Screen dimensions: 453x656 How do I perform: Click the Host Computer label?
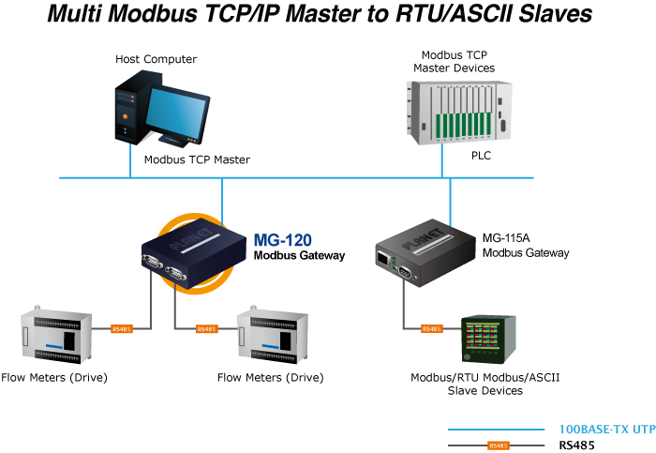[x=157, y=59]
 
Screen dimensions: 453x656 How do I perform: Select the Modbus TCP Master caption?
[x=197, y=159]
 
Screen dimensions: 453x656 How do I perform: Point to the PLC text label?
[x=481, y=156]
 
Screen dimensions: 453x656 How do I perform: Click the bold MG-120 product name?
[x=282, y=241]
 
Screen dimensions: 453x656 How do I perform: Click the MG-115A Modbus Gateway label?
[x=525, y=246]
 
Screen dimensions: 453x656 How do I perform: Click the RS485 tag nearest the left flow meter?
[x=122, y=329]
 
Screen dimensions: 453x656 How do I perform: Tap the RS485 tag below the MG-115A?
[x=431, y=329]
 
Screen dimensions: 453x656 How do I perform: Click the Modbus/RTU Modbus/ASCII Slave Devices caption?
[x=479, y=384]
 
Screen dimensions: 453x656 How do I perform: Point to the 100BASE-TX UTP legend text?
[x=606, y=429]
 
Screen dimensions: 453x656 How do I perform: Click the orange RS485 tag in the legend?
[x=499, y=445]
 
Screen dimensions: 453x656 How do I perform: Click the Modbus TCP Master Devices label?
[x=455, y=62]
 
